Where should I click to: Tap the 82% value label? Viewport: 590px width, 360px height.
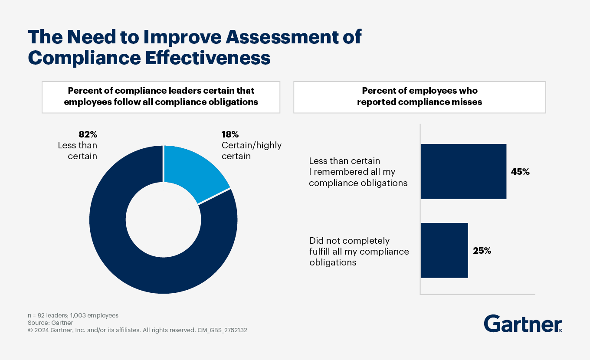click(88, 134)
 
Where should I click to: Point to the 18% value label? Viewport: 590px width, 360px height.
click(230, 134)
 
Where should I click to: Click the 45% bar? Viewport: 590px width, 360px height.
click(463, 171)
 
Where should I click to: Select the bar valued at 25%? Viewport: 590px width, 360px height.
click(444, 250)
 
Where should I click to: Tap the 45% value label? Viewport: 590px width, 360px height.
click(520, 172)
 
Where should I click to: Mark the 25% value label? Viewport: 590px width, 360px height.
click(482, 251)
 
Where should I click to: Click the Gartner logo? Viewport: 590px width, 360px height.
click(523, 324)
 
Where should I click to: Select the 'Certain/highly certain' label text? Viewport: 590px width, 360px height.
click(251, 151)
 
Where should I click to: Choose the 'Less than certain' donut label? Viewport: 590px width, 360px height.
click(78, 151)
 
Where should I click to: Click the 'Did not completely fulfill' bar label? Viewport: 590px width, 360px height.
click(349, 241)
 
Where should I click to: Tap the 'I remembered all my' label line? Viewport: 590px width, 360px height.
click(352, 172)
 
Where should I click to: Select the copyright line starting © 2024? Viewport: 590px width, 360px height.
click(138, 330)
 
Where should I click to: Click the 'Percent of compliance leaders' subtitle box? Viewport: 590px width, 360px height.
click(161, 97)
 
